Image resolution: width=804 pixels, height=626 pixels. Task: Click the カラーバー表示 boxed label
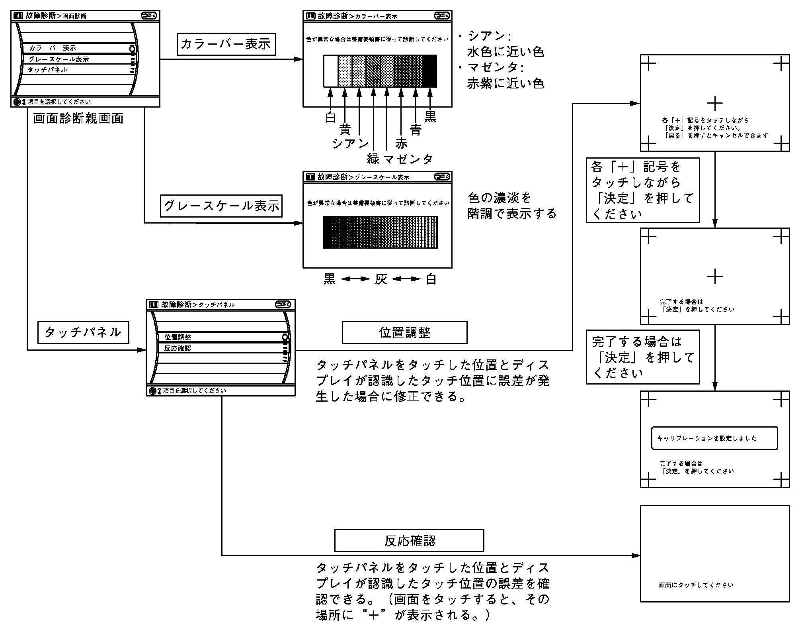click(226, 44)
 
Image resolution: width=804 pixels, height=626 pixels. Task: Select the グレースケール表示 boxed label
click(221, 206)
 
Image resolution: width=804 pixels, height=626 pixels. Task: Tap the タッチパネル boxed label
click(83, 332)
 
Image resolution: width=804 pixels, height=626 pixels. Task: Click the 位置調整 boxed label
click(404, 332)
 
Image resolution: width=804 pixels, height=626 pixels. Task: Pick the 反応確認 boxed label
click(409, 541)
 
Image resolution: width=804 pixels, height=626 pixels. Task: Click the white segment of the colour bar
click(330, 71)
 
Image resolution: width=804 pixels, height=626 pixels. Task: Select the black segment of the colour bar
click(429, 71)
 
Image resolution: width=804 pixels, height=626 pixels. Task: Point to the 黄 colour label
click(345, 130)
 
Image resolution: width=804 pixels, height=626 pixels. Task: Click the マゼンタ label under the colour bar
click(408, 159)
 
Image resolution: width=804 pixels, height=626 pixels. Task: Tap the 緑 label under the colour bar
click(373, 159)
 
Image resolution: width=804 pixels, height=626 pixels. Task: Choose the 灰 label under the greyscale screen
click(381, 279)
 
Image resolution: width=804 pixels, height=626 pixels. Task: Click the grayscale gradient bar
click(380, 232)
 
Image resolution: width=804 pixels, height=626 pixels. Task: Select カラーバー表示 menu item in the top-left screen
click(53, 48)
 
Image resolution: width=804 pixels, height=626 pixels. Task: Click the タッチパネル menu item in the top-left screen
click(47, 70)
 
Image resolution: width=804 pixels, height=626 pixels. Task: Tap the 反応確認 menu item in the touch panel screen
click(178, 348)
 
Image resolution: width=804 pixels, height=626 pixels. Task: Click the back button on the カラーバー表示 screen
click(442, 16)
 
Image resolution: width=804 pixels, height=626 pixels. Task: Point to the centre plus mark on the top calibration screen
click(715, 104)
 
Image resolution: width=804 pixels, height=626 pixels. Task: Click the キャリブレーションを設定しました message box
click(714, 438)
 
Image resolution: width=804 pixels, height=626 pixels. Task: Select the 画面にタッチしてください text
click(696, 585)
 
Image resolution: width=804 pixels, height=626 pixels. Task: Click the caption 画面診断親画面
click(78, 118)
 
